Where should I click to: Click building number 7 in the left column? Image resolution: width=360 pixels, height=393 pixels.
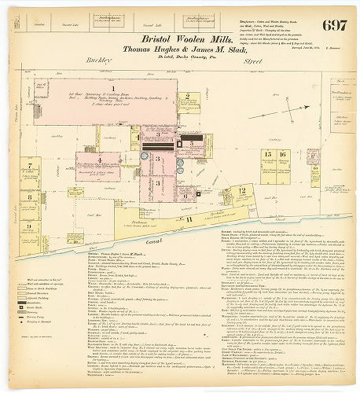click(29, 166)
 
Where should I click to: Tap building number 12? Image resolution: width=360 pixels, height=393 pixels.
click(243, 189)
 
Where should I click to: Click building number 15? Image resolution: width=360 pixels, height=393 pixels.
click(268, 155)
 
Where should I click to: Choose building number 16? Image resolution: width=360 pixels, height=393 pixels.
click(281, 155)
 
